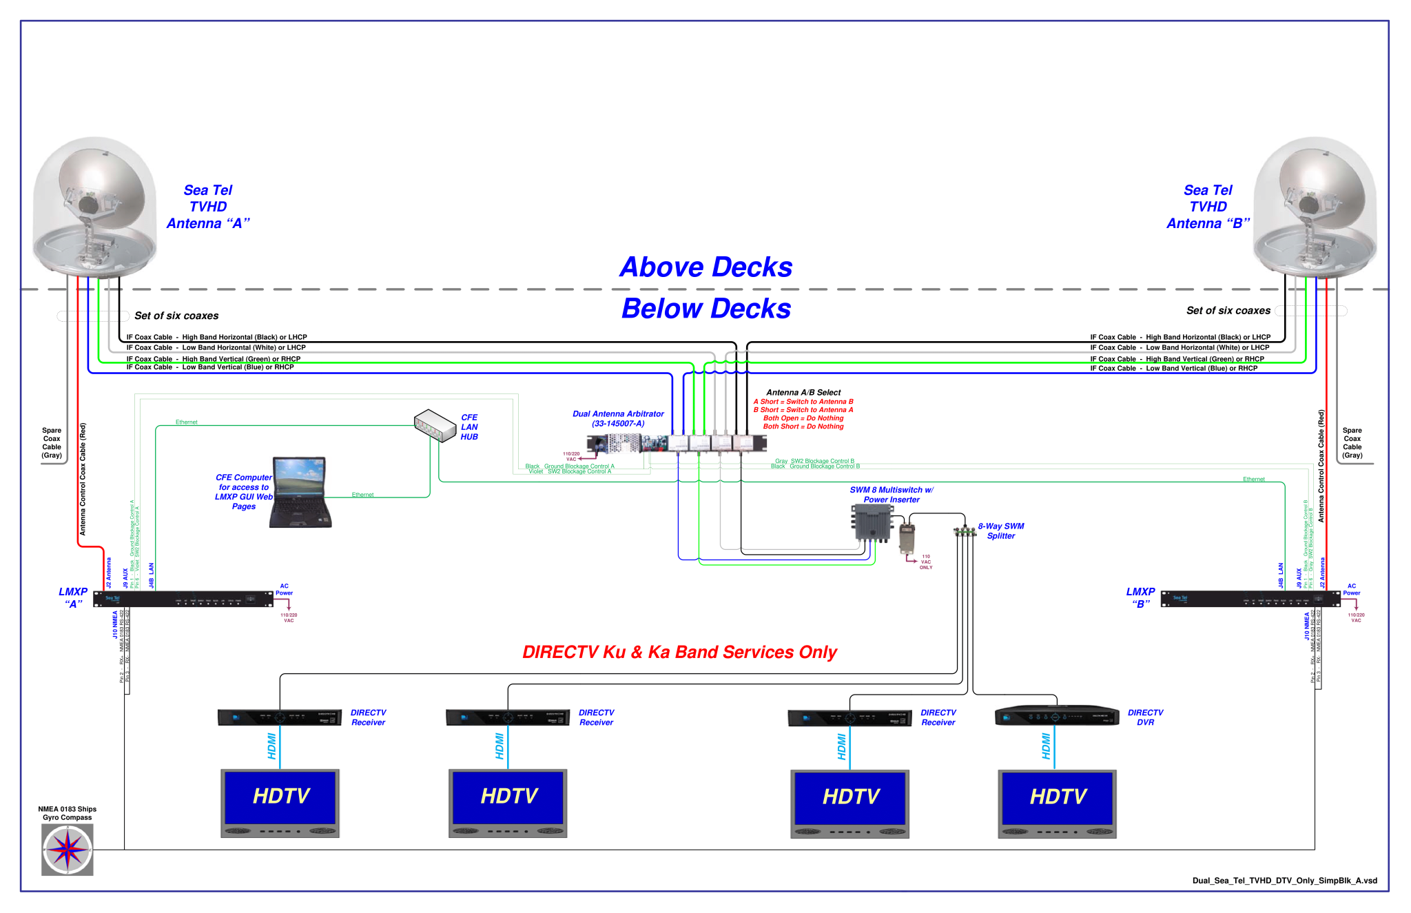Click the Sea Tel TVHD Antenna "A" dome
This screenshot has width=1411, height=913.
(95, 207)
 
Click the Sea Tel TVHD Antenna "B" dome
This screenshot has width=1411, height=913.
(1315, 207)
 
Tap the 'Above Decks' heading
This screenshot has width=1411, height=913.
(705, 267)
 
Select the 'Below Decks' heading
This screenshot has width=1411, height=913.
(705, 309)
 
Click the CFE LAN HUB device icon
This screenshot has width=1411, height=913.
(435, 424)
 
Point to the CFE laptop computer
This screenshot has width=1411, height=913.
(300, 492)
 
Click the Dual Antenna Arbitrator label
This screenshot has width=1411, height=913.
(618, 418)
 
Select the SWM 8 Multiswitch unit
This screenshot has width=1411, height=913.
(872, 523)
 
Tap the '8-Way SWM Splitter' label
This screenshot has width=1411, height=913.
(1000, 531)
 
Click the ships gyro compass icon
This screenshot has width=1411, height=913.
(67, 850)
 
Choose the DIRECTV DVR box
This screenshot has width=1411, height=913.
(1057, 716)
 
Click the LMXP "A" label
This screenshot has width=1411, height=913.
(73, 597)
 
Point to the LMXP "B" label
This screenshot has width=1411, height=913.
(1140, 597)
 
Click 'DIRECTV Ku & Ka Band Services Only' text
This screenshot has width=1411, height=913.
(679, 652)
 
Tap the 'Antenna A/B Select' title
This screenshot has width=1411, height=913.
(803, 392)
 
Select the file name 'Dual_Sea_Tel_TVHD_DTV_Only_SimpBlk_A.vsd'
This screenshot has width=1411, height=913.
(1284, 880)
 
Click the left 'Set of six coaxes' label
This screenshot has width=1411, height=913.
(176, 316)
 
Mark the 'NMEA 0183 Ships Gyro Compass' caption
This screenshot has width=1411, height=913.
(67, 813)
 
